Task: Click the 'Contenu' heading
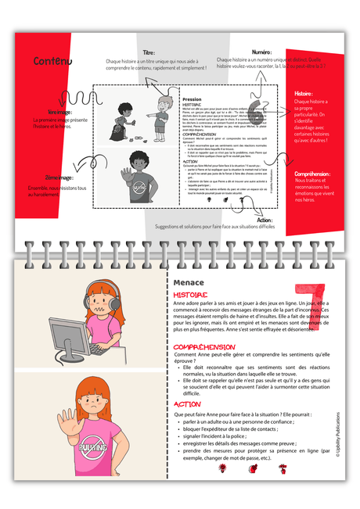point(52,62)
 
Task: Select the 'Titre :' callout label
point(149,51)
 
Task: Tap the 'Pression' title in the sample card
point(192,100)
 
